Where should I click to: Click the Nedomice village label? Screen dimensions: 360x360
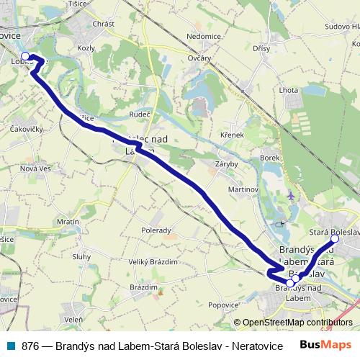click(x=203, y=35)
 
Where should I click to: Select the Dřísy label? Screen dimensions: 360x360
click(x=261, y=48)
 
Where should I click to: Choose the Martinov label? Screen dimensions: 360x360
click(x=243, y=189)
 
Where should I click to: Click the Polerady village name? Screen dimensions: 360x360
click(x=156, y=230)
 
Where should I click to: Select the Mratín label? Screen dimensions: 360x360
click(x=68, y=222)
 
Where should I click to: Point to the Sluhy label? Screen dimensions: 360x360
click(x=81, y=256)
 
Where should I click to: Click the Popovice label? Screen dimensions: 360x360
click(x=223, y=305)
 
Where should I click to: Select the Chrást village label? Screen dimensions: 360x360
click(x=104, y=24)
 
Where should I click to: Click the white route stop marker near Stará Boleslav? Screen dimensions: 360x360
click(x=335, y=238)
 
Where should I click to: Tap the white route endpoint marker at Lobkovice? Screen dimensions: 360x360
click(x=25, y=56)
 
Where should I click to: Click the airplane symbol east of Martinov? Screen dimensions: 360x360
click(x=290, y=195)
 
